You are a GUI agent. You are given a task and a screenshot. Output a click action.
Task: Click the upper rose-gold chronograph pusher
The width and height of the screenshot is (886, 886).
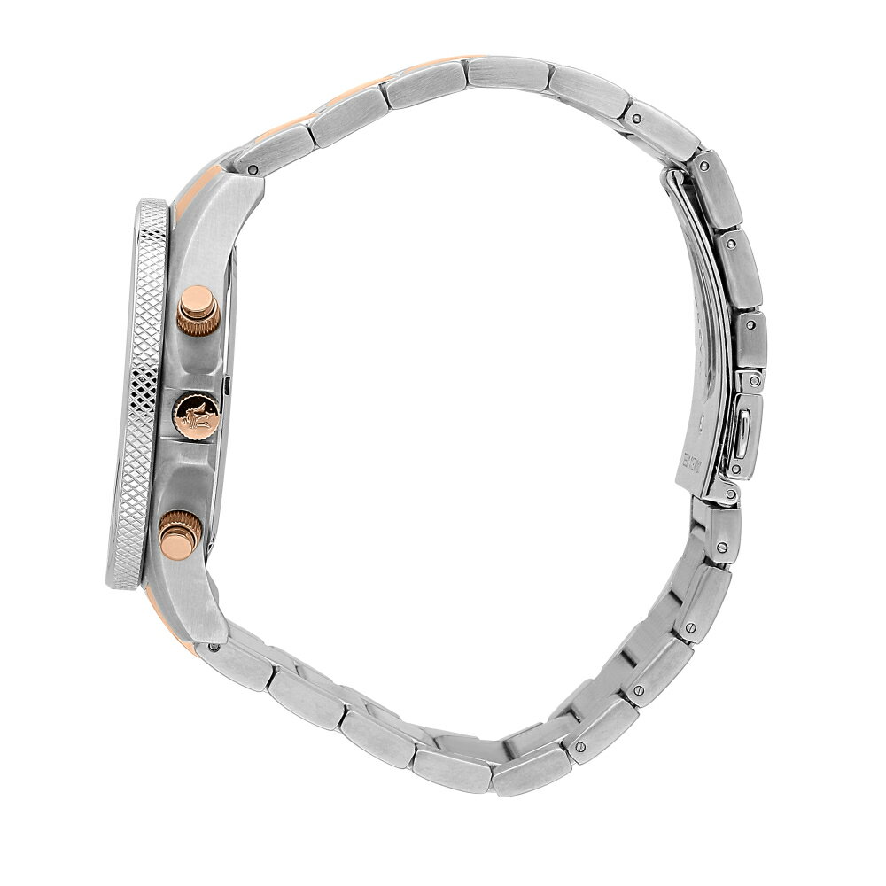click(198, 310)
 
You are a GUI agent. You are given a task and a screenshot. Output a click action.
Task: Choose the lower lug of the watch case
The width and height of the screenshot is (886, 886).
click(199, 602)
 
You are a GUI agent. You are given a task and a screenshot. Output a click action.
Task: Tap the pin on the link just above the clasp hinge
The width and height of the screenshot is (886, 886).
click(635, 116)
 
